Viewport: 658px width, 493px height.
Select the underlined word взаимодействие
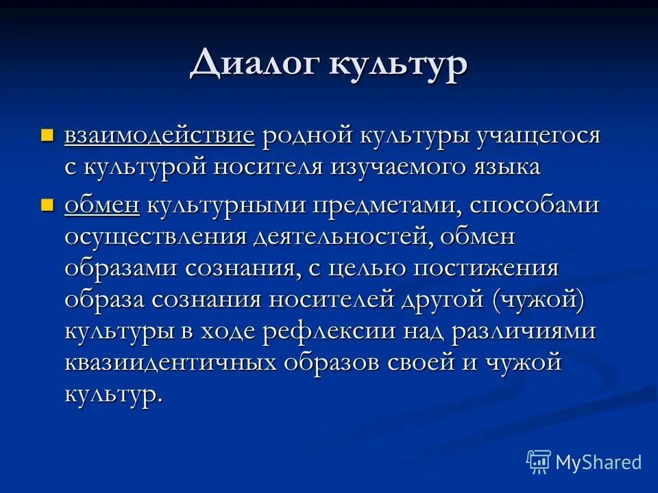[160, 135]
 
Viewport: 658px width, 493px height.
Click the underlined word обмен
[102, 205]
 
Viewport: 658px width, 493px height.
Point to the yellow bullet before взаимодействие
[47, 134]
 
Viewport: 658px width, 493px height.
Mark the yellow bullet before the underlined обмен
[47, 204]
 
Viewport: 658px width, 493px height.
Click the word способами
[531, 205]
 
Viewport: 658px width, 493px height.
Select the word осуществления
[156, 237]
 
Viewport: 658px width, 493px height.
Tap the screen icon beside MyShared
[539, 462]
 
